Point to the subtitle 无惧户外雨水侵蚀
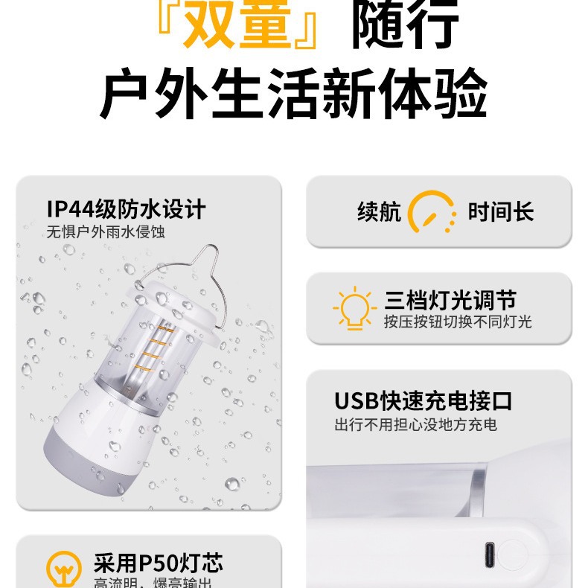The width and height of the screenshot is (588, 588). (106, 232)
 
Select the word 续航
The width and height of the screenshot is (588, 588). (379, 212)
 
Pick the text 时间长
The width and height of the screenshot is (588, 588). (501, 212)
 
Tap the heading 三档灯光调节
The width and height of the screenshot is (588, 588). (450, 300)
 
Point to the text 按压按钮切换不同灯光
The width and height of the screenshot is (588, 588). (458, 322)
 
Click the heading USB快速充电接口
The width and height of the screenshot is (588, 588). (423, 401)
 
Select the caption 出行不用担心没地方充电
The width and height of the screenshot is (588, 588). (415, 425)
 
